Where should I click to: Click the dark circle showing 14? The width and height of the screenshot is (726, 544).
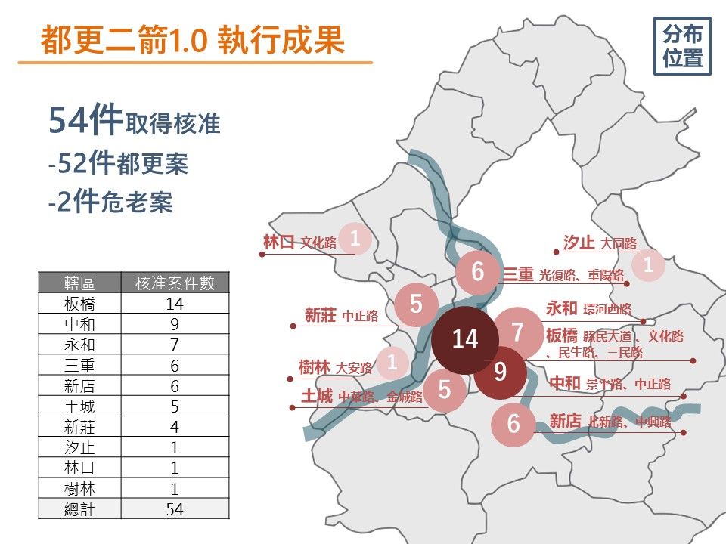pos(464,339)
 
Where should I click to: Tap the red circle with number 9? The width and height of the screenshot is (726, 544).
pos(500,372)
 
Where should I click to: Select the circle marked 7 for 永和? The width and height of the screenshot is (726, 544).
pos(518,332)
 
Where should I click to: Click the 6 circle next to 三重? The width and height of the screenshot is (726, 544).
pos(477,271)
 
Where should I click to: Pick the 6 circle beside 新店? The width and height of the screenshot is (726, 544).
pos(513,423)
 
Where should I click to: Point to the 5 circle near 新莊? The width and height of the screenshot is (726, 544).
pos(416,304)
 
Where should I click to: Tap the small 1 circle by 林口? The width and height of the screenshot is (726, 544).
pos(354,240)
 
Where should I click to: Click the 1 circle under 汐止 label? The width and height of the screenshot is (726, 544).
pos(648,265)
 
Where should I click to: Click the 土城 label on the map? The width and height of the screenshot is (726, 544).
pos(317,396)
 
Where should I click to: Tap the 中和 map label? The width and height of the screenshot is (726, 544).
pos(564,384)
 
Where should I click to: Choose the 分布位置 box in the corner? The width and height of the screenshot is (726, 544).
pos(682,46)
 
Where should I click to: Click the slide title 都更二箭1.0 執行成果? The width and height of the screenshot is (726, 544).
pos(193,41)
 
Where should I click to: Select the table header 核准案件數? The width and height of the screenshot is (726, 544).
pos(175,283)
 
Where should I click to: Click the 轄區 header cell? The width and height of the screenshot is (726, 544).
pos(79,283)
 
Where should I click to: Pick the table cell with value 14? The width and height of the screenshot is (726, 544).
pos(175,304)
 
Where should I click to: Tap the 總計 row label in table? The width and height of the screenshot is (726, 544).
pos(79,509)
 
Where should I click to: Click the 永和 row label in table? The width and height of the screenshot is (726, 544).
pos(79,345)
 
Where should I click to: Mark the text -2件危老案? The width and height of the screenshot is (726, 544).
pos(110,203)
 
